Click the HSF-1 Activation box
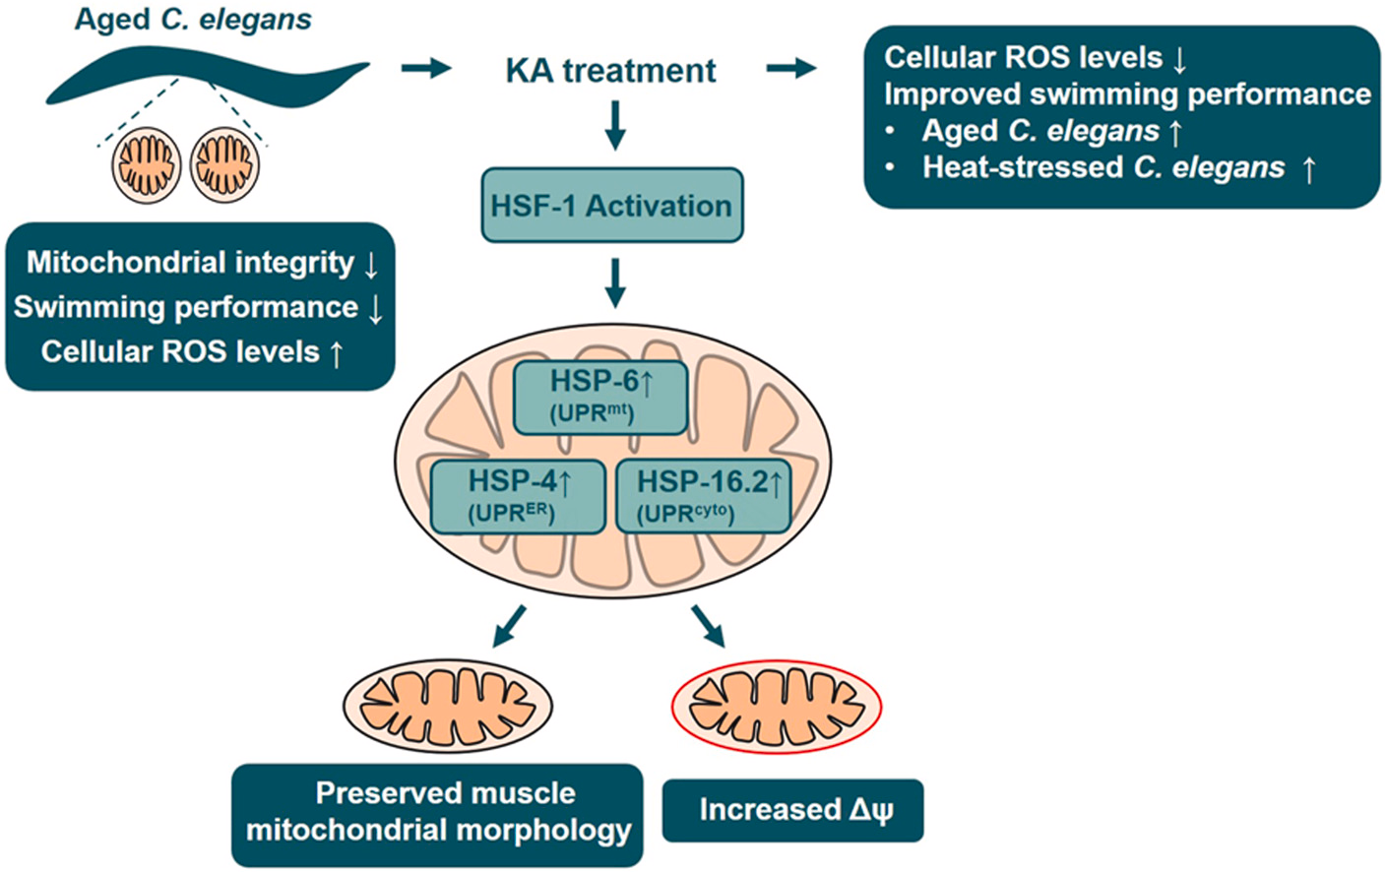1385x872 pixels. (611, 205)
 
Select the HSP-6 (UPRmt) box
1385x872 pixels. (599, 397)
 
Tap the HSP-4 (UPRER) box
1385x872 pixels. (517, 496)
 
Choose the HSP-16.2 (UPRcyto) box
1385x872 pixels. (703, 496)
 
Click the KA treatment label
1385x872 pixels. (610, 71)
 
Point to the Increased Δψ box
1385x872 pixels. (792, 810)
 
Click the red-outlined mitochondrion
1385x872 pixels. (776, 707)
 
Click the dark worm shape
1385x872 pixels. (207, 79)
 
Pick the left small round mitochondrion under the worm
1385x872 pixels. (147, 164)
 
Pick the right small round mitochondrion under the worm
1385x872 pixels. (224, 164)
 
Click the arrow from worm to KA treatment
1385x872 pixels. (425, 69)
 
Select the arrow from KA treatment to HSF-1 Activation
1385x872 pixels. (615, 126)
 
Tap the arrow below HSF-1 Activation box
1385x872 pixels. (615, 283)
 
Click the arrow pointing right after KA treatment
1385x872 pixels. (791, 69)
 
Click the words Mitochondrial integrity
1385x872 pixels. (190, 263)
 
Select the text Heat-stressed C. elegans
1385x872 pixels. (1103, 167)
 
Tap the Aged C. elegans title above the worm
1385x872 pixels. (193, 20)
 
